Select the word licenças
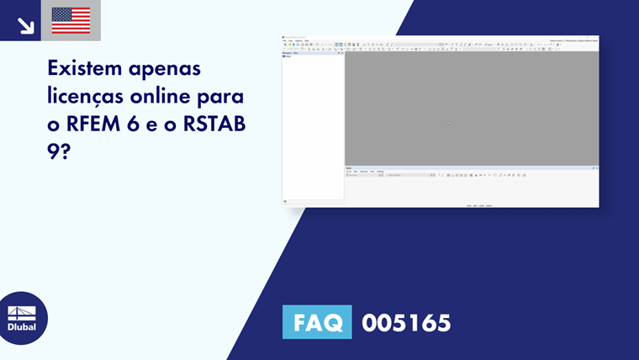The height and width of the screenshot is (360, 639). (89, 95)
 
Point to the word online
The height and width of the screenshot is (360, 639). (174, 95)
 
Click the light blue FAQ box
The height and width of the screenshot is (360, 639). (316, 322)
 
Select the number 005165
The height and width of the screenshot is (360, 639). (406, 322)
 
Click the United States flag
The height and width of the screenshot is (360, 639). (71, 20)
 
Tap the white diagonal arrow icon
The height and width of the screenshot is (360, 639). (26, 25)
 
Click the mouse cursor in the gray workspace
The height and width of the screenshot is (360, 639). (449, 124)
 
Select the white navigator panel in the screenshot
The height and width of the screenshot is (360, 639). (313, 126)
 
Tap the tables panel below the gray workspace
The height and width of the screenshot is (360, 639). (471, 189)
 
